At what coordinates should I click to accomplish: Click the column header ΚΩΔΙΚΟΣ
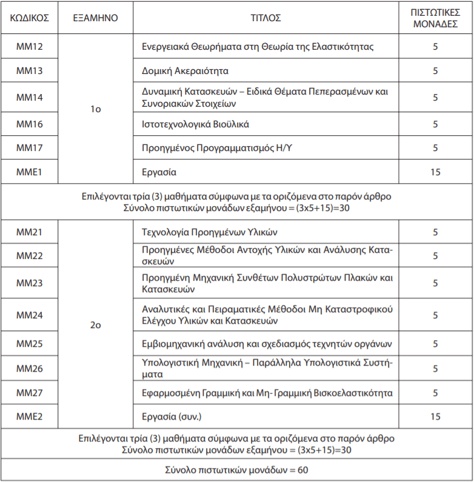point(29,18)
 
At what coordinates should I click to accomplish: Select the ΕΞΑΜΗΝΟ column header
point(95,18)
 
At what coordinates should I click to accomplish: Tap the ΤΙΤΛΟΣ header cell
point(265,18)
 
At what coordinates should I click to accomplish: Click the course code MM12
point(29,47)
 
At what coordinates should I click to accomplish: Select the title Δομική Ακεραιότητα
point(185,71)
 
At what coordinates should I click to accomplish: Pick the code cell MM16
point(29,124)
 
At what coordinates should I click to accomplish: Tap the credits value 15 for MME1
point(435,172)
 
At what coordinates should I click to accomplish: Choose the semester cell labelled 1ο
point(95,109)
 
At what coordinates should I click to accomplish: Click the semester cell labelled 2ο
point(95,325)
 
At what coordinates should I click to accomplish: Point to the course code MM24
point(29,315)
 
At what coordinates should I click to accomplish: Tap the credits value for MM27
point(435,393)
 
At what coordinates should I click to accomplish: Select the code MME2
point(29,417)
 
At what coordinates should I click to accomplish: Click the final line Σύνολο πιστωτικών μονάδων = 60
point(236,470)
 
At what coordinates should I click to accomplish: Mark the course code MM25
point(29,344)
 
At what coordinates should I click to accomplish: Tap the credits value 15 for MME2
point(435,417)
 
